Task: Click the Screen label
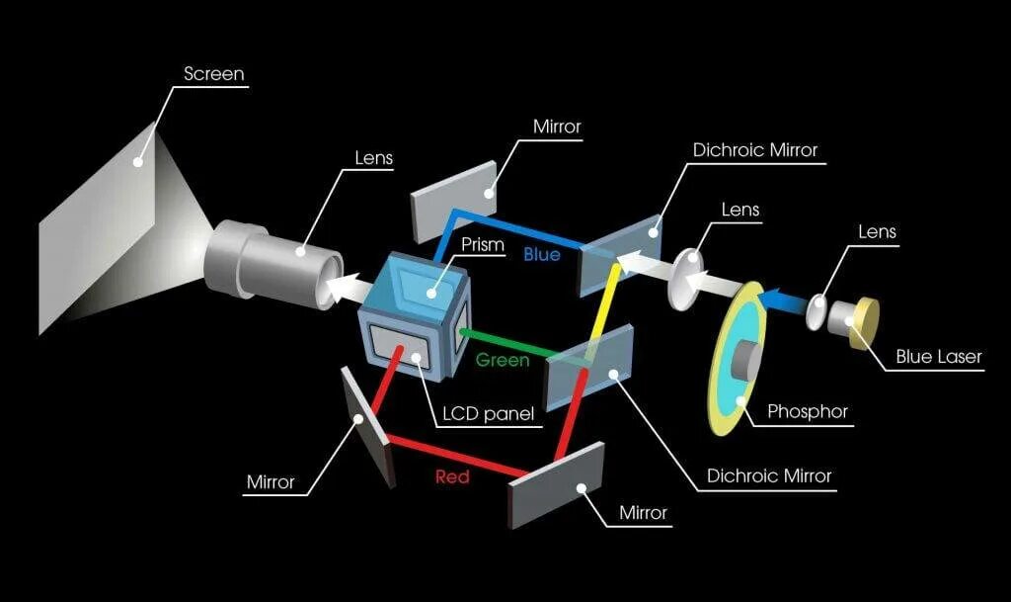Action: tap(213, 74)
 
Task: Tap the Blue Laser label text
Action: tap(938, 357)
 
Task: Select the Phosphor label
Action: tap(807, 411)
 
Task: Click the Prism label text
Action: tap(482, 244)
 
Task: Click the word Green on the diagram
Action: tap(503, 360)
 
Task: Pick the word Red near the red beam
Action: tap(451, 476)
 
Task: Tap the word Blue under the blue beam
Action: tap(542, 255)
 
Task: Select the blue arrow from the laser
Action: tap(785, 297)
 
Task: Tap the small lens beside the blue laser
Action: tap(817, 311)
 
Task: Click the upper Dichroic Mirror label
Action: tap(755, 150)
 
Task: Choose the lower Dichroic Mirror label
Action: tap(769, 475)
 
